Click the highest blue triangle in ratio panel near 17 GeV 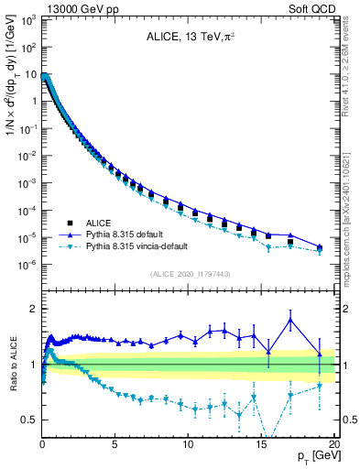pos(290,320)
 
